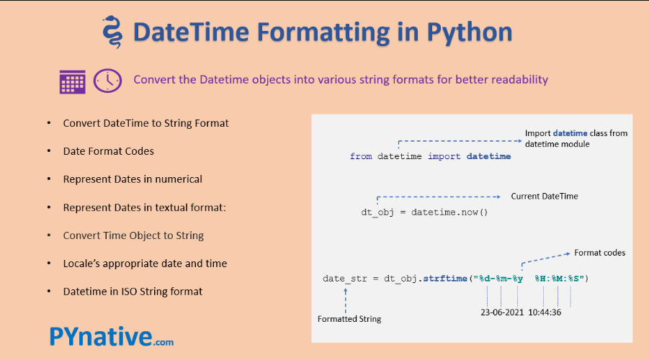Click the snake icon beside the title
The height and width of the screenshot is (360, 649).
coord(112,32)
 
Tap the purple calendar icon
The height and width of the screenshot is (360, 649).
coord(73,82)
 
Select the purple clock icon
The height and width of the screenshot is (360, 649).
coord(107,80)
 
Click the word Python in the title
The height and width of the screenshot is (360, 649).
coord(470,32)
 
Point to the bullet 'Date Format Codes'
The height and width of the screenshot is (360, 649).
coord(109,151)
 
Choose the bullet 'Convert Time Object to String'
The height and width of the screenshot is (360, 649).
coord(133,235)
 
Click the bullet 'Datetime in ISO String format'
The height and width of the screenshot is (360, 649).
coord(133,292)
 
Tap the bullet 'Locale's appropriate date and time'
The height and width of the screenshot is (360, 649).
coord(145,264)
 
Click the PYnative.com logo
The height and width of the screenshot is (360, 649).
coord(112,336)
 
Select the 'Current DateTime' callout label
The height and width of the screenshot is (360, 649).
coord(545,196)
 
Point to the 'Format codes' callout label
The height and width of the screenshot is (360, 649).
coord(600,253)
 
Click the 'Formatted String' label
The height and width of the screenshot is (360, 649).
coord(349,319)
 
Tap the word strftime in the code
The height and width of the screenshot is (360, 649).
coord(445,279)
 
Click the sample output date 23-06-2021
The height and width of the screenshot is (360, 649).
coord(502,312)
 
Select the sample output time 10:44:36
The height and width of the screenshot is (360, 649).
coord(545,312)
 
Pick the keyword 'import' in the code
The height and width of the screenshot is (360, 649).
coord(444,156)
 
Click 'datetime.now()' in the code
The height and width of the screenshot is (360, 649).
coord(449,212)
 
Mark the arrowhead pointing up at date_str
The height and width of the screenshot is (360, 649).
coord(346,290)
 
